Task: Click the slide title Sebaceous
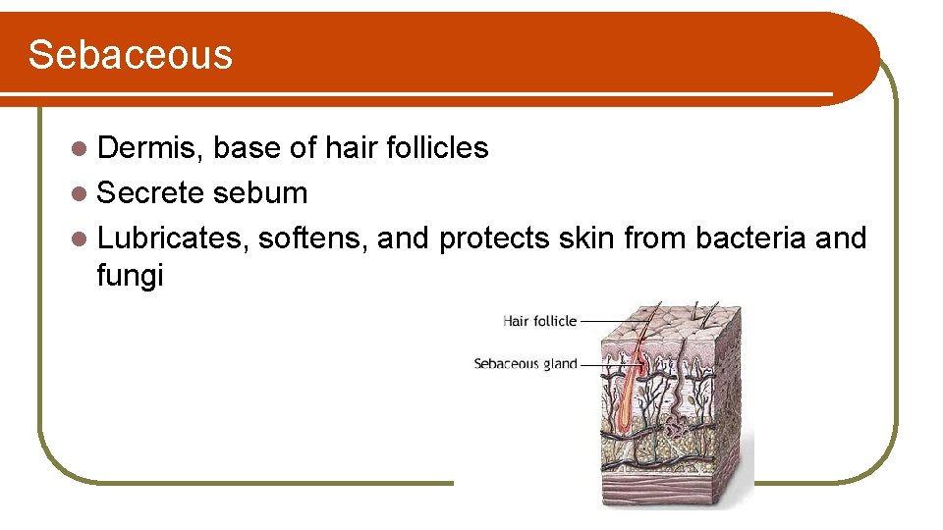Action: point(131,55)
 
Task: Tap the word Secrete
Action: point(150,193)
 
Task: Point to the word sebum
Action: point(260,193)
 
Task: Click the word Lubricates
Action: point(172,238)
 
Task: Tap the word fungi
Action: point(130,276)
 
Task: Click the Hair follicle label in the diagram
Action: point(539,320)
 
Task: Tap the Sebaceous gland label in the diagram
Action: point(525,364)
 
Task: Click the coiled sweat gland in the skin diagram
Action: point(676,429)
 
